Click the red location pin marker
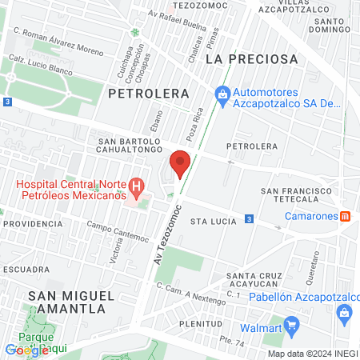[181, 162]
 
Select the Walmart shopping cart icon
[294, 326]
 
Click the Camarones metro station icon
[346, 215]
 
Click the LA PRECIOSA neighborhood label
[251, 59]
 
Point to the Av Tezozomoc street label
[164, 235]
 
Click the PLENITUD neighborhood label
[201, 324]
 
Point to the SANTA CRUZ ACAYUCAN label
[257, 283]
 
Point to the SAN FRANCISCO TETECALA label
[302, 197]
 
